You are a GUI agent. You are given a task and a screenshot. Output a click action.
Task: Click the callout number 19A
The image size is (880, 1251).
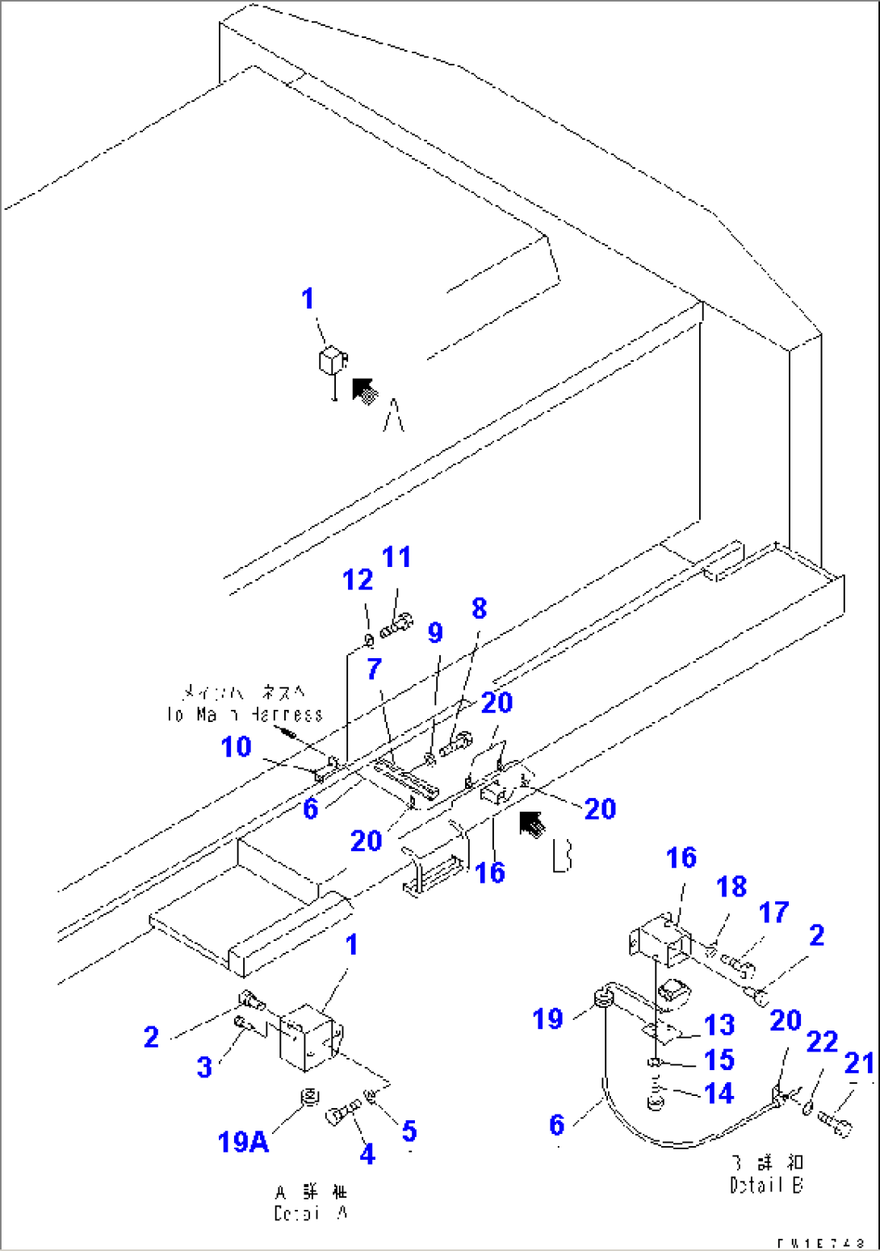pos(243,1141)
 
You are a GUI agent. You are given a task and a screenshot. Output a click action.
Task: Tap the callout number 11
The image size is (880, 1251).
pos(396,556)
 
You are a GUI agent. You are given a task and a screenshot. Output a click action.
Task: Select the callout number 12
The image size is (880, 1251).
pos(358,579)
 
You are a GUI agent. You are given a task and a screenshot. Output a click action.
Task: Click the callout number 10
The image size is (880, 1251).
pos(237,746)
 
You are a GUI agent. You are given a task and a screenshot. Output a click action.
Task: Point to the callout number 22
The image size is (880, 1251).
pos(822,1041)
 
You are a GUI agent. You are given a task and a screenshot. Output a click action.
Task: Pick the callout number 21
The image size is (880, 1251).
pos(860,1063)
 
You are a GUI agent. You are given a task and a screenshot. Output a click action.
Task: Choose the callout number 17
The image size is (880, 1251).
pos(773,912)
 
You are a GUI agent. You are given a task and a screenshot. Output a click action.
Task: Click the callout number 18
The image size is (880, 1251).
pos(731,886)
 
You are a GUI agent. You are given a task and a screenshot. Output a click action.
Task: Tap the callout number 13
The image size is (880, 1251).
pos(719,1024)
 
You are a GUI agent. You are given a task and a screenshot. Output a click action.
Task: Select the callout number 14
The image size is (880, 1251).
pos(719,1093)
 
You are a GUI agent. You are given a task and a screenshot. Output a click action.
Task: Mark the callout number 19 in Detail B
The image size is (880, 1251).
pos(547,1018)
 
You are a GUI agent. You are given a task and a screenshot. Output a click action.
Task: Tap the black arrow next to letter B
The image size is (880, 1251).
pos(532,825)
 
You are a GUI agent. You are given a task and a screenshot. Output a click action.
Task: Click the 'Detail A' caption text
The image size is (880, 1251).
pos(310,1203)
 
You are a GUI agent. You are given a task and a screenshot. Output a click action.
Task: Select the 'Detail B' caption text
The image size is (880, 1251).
pos(767,1174)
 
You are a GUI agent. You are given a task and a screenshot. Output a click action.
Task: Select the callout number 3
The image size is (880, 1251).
pos(205,1066)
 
